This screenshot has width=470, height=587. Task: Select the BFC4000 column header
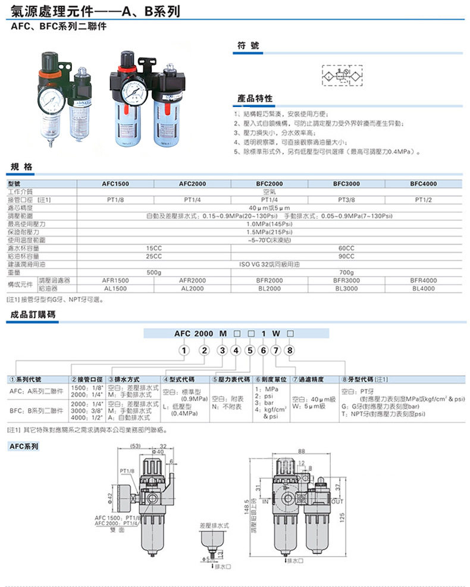(423, 184)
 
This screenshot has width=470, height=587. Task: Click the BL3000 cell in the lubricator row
(346, 288)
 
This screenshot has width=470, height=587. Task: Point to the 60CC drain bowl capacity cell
(346, 248)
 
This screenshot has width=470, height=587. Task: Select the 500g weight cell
(153, 272)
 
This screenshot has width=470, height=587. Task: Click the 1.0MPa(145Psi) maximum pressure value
(268, 224)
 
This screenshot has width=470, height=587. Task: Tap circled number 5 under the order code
(249, 350)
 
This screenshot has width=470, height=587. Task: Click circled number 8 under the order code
(290, 350)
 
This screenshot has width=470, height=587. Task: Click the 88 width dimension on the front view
(302, 451)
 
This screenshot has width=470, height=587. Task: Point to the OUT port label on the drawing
(337, 502)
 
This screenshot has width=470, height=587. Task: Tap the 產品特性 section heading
(255, 98)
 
